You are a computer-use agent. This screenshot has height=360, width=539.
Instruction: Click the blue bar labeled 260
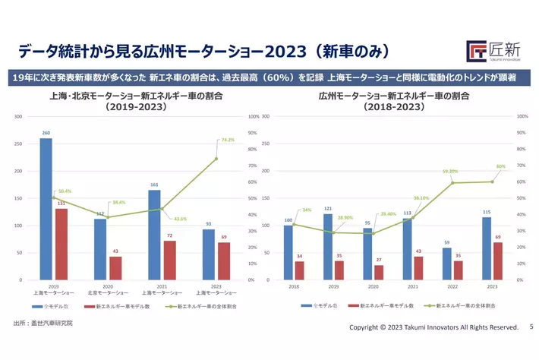(x=46, y=209)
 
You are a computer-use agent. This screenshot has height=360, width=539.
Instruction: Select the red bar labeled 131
(x=61, y=244)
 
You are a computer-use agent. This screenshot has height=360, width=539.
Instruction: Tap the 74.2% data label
(x=227, y=140)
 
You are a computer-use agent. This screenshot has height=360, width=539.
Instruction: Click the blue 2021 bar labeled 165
(x=154, y=235)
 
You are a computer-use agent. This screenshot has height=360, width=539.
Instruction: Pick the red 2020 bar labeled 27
(x=379, y=272)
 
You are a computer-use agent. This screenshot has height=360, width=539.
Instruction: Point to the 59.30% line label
(x=451, y=172)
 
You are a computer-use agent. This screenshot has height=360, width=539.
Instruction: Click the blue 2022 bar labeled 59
(x=446, y=264)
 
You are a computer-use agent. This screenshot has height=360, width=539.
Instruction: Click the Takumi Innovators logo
(x=493, y=51)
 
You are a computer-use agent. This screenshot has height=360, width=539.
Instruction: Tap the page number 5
(x=531, y=327)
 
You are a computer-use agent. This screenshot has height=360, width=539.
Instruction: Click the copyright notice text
(x=433, y=327)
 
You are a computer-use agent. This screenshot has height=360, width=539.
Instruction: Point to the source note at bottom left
(x=43, y=324)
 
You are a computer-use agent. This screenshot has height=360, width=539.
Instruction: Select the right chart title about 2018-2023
(x=396, y=102)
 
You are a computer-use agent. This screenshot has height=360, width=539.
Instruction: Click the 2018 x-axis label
(x=294, y=286)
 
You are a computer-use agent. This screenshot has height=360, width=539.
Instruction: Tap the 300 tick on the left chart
(x=17, y=117)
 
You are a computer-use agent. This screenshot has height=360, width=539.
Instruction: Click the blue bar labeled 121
(x=327, y=247)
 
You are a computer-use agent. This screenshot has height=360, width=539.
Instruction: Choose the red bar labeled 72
(x=170, y=260)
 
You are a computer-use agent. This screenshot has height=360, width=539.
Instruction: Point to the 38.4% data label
(x=118, y=203)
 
